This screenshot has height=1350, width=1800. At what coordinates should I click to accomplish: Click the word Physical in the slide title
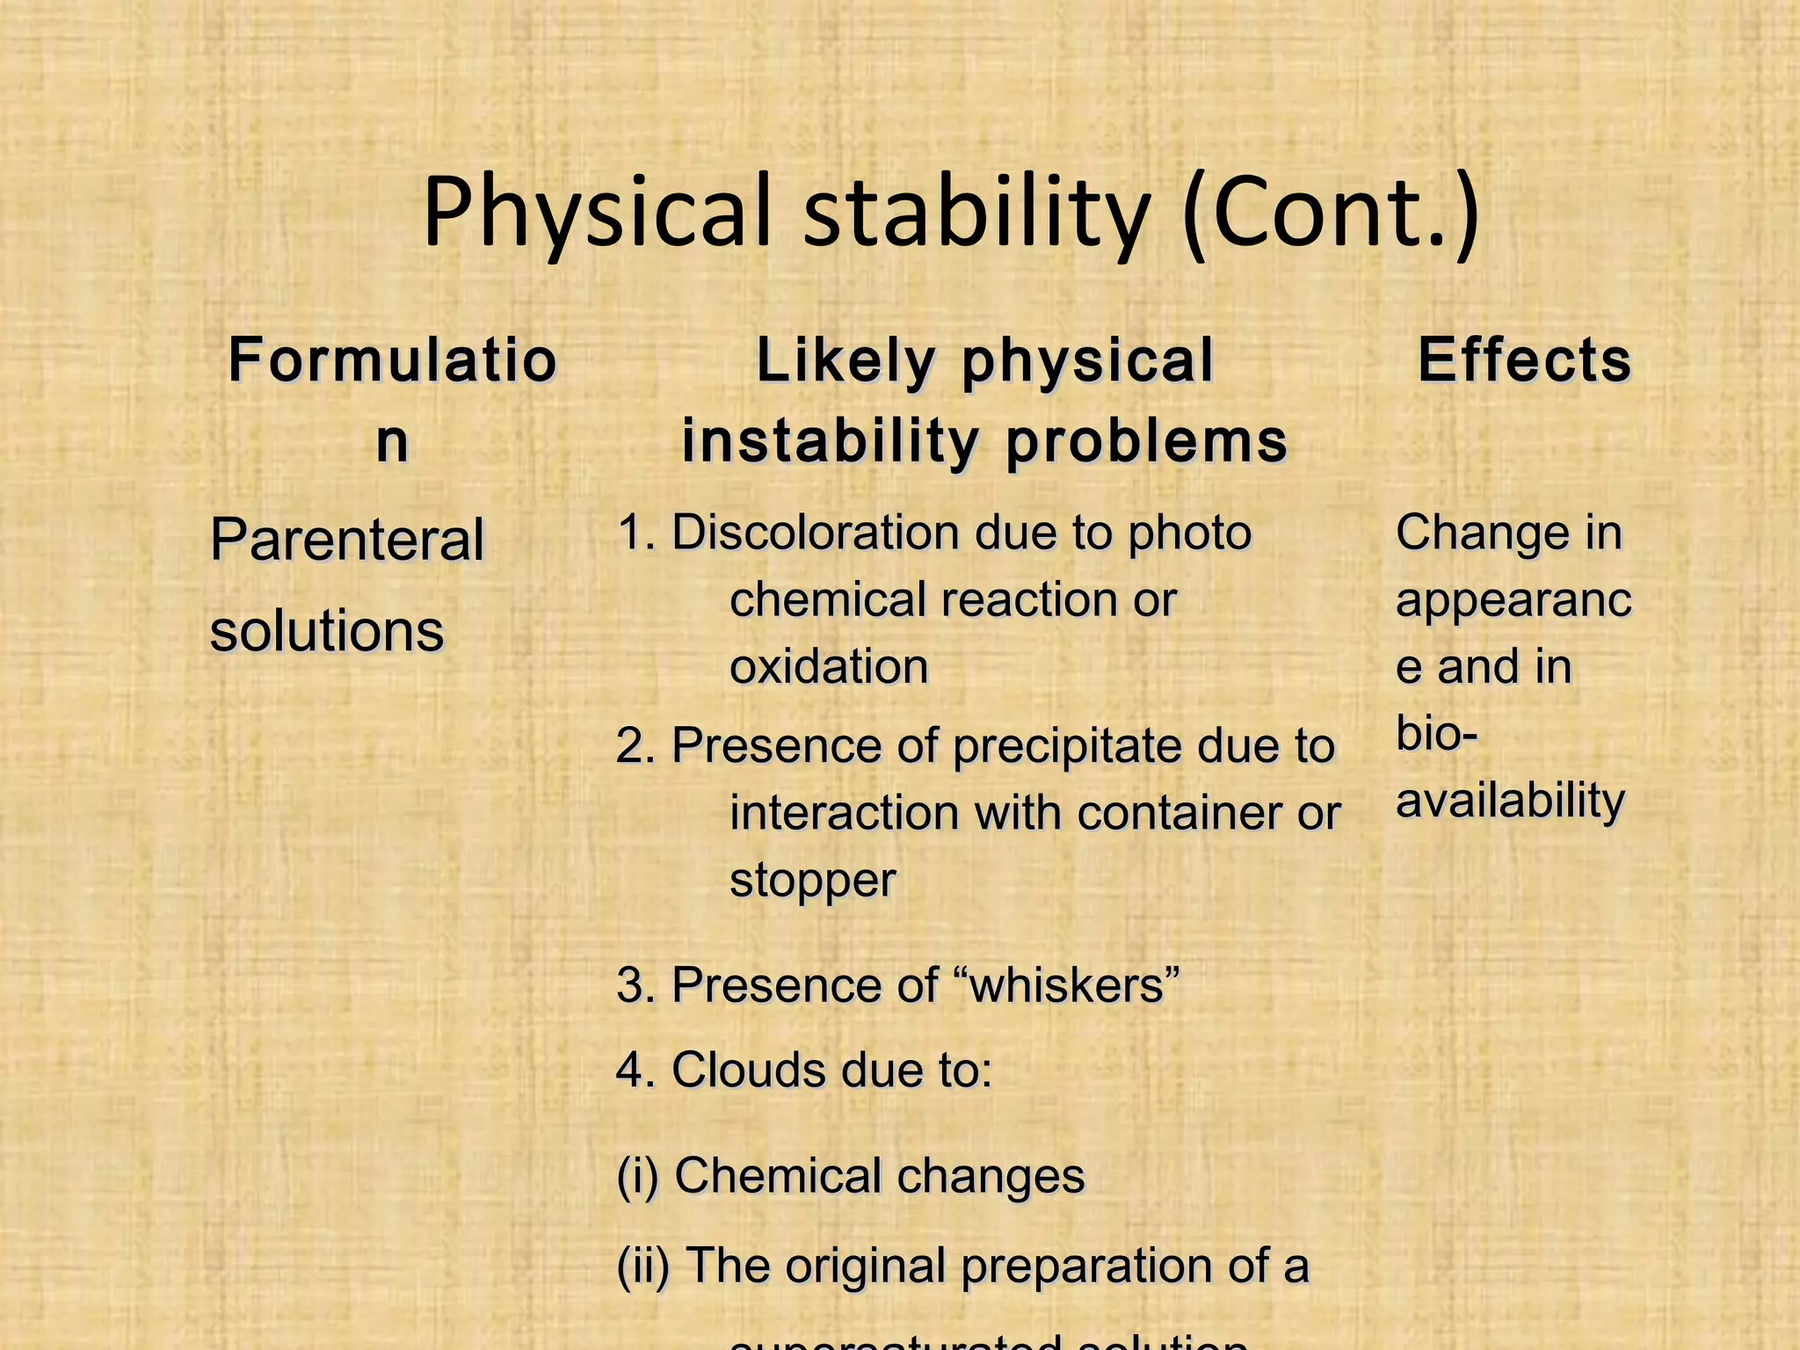597,214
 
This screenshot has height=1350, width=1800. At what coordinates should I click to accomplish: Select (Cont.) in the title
1331,214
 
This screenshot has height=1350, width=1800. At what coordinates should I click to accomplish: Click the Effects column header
1524,360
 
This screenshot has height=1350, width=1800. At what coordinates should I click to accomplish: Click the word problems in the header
1146,441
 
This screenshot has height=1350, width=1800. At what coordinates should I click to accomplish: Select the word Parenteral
347,540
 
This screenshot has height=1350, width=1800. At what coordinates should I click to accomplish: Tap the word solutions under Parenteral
327,631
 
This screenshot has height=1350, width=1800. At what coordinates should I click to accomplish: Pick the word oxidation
829,666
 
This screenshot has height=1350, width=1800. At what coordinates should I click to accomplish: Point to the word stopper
813,880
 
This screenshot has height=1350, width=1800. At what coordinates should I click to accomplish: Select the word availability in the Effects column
1510,801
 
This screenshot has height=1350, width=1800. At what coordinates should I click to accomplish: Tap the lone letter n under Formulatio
392,441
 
